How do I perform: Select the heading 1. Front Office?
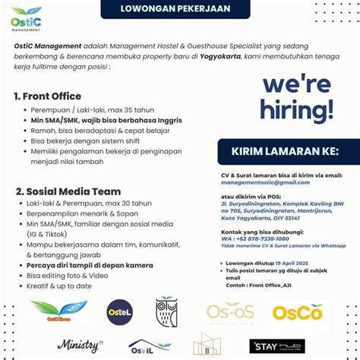coord(47,96)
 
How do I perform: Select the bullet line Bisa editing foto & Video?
coord(69,275)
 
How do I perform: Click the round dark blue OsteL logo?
coord(120,312)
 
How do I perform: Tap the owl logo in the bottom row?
coord(166,312)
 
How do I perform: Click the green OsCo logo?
coord(298,312)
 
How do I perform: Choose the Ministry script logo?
coord(79,346)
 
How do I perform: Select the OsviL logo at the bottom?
coord(149,346)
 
